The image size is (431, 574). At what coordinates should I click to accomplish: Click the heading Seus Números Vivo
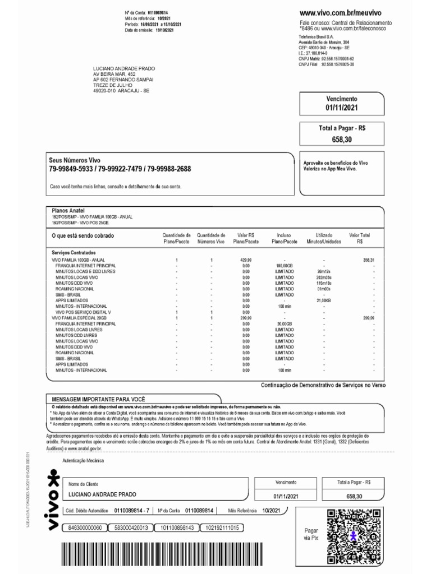coord(74,160)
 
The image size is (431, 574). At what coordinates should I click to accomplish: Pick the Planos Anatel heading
coord(68,211)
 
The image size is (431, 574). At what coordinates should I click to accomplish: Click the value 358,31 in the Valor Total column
coord(369,261)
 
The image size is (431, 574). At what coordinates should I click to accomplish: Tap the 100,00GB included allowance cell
coord(285,266)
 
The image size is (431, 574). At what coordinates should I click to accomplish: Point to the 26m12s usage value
coord(324,271)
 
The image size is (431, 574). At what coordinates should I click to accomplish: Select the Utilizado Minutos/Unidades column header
coord(324,238)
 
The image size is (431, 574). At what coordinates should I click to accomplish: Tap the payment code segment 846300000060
coord(85,528)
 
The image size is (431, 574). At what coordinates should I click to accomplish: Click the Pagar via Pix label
coord(311,534)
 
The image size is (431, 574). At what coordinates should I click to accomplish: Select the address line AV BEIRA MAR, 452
coord(114,74)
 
